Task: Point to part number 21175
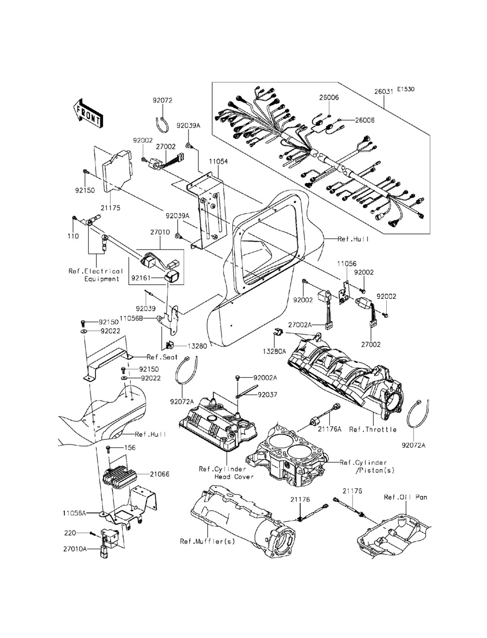(x=111, y=208)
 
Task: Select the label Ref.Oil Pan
(x=405, y=497)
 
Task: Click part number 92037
(x=267, y=395)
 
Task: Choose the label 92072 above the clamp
(x=162, y=101)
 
